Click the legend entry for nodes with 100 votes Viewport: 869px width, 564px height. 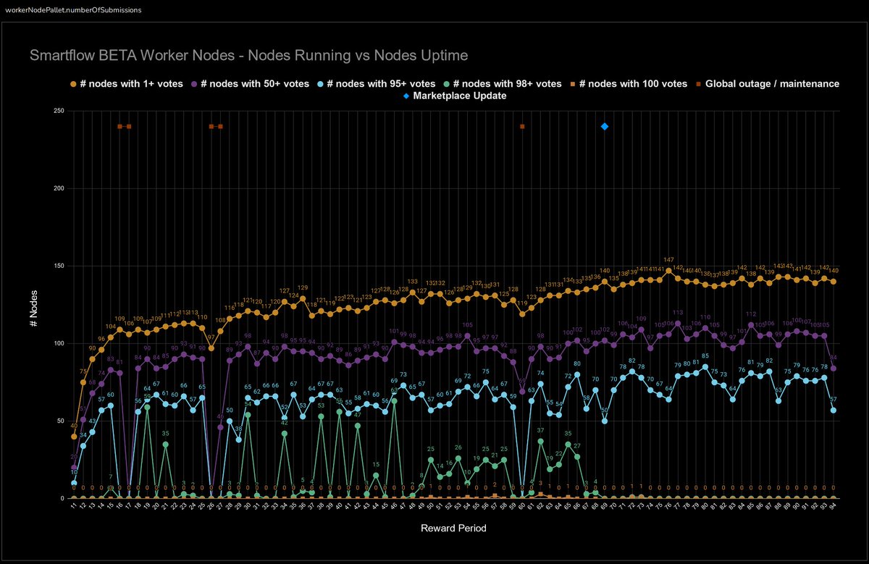pyautogui.click(x=629, y=84)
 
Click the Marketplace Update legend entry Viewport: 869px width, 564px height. pyautogui.click(x=454, y=96)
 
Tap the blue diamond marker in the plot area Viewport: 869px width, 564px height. pyautogui.click(x=605, y=127)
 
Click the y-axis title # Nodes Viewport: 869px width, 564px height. pyautogui.click(x=33, y=304)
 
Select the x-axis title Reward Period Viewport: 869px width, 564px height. pyautogui.click(x=453, y=529)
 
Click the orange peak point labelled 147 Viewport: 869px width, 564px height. pyautogui.click(x=668, y=270)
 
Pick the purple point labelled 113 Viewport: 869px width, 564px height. pyautogui.click(x=678, y=323)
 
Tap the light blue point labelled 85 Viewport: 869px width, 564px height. pyautogui.click(x=705, y=366)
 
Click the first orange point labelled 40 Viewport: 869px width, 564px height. pyautogui.click(x=74, y=437)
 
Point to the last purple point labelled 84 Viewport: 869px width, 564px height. pyautogui.click(x=834, y=368)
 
